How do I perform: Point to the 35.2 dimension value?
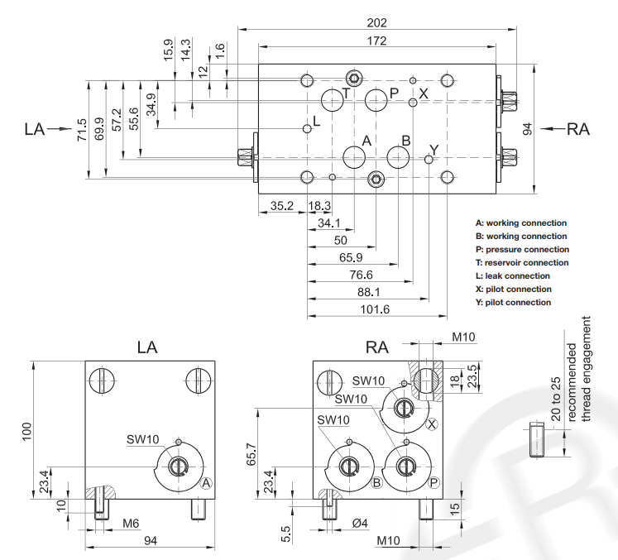tap(282, 206)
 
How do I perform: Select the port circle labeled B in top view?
tap(399, 156)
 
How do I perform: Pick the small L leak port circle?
tap(307, 128)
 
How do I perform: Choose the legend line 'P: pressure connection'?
tap(522, 249)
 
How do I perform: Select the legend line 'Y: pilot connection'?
tap(513, 302)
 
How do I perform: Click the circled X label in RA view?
tap(432, 424)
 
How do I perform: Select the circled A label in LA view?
tap(207, 482)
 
